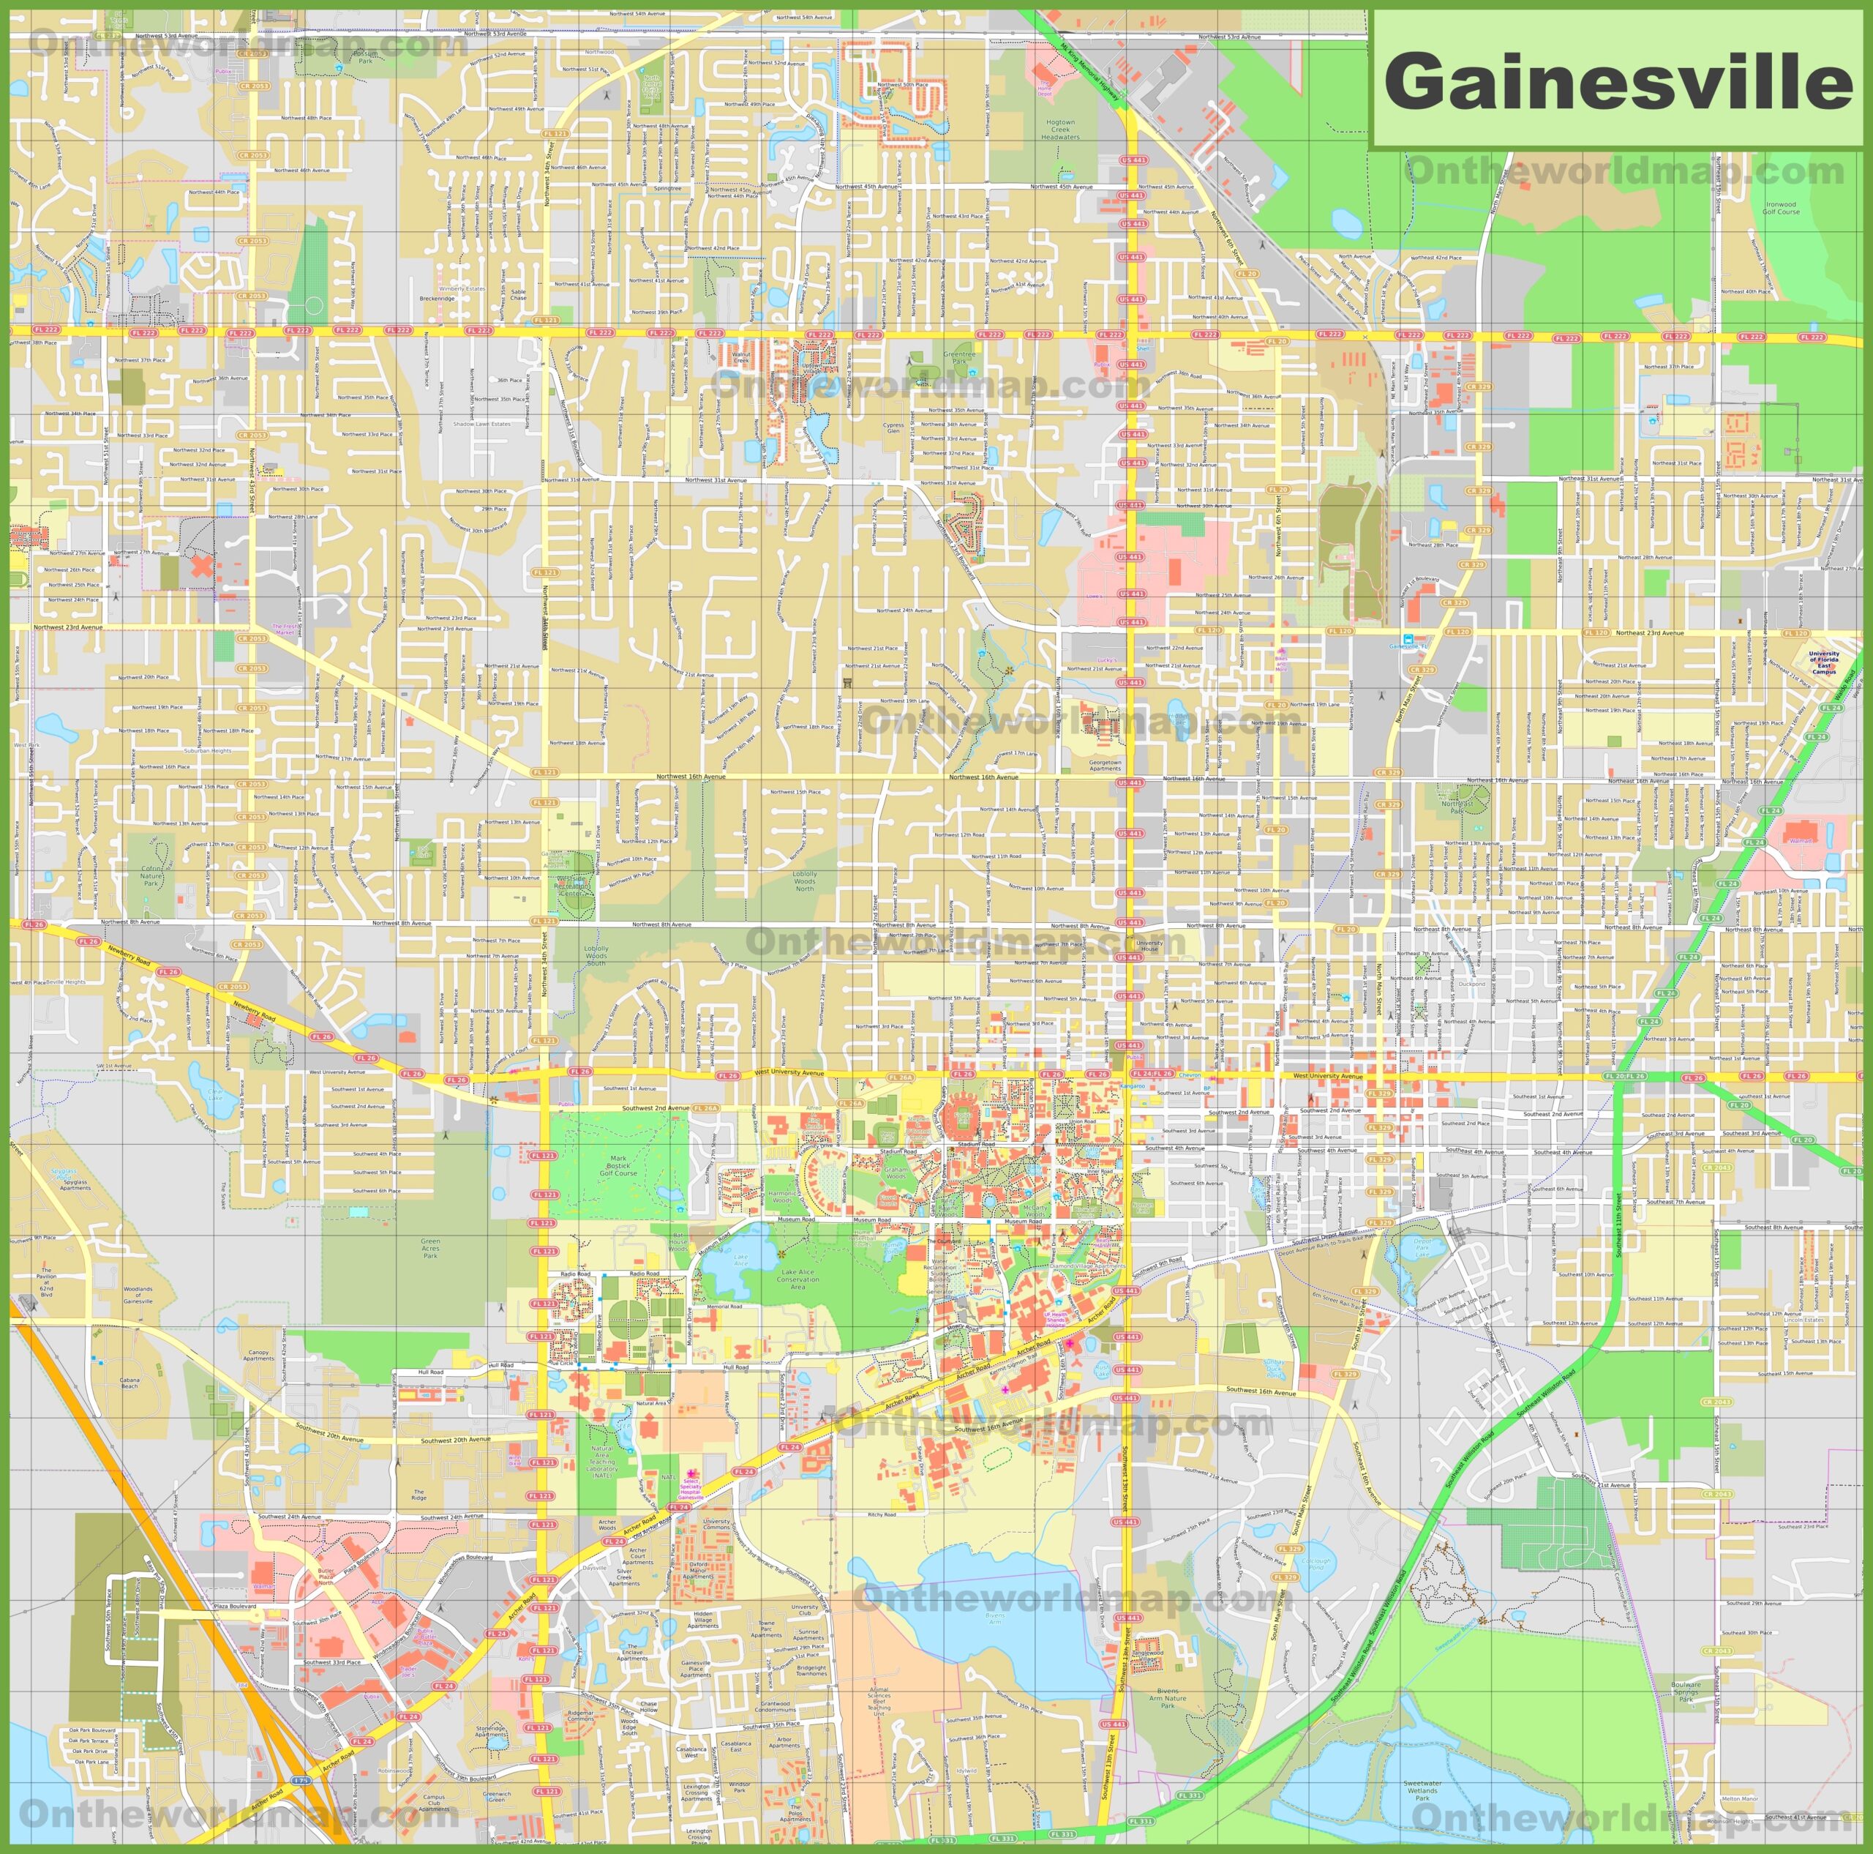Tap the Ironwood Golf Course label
click(x=1781, y=208)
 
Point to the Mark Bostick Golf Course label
click(x=618, y=1165)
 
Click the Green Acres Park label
click(x=430, y=1248)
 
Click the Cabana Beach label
click(x=130, y=1383)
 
